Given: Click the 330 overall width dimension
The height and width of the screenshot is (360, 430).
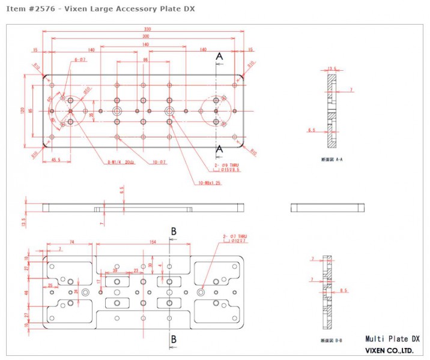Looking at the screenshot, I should (x=147, y=29).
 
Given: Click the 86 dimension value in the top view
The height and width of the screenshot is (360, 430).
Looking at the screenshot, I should (x=145, y=60).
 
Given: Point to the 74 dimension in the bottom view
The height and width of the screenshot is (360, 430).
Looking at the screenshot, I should (x=71, y=242).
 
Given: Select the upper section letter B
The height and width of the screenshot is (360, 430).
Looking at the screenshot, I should (x=174, y=231).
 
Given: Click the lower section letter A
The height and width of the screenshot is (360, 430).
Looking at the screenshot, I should (x=219, y=148).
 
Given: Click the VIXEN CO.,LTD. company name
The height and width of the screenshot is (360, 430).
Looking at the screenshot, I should (x=389, y=350).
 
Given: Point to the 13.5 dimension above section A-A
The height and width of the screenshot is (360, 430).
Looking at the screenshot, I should (x=331, y=68).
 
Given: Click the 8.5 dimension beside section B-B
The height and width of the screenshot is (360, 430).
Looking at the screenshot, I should (x=344, y=290).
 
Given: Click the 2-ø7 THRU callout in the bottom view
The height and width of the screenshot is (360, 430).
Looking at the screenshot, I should (x=235, y=236).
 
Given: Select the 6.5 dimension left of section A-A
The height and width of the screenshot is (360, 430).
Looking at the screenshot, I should (x=311, y=130).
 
